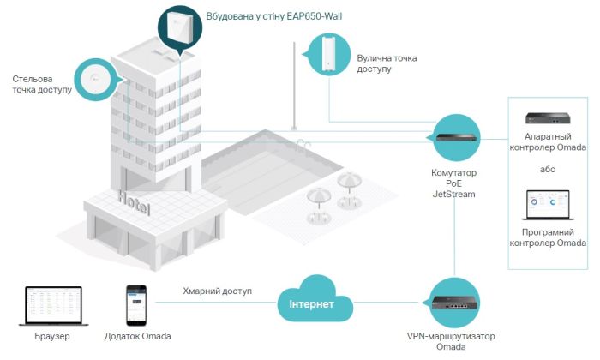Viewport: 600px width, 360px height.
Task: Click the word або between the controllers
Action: [x=548, y=169]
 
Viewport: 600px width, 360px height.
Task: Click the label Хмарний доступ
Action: [x=218, y=291]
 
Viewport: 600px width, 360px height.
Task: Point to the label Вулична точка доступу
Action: [x=387, y=63]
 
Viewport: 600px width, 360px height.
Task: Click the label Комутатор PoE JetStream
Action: [x=453, y=183]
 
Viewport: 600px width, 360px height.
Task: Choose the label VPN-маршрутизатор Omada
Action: [x=451, y=342]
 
